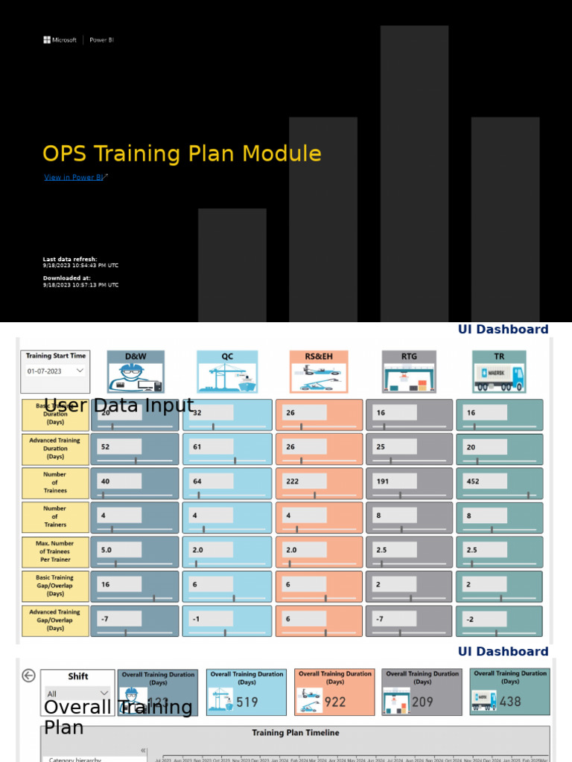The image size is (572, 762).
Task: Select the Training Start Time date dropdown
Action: click(x=55, y=371)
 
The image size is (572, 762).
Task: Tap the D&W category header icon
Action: click(x=136, y=371)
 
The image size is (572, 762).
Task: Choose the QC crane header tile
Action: click(x=227, y=371)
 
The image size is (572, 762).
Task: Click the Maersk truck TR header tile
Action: click(x=499, y=371)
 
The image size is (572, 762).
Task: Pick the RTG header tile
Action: click(x=409, y=371)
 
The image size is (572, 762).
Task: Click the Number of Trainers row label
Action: click(x=54, y=516)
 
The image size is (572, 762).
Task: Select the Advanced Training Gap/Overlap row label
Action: click(x=54, y=620)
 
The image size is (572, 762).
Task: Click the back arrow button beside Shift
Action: click(x=28, y=676)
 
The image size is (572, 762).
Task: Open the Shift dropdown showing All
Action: click(x=77, y=694)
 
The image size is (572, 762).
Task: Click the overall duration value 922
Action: click(x=335, y=701)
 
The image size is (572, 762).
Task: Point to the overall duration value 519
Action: click(x=247, y=701)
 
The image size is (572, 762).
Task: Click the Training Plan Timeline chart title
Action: click(x=295, y=732)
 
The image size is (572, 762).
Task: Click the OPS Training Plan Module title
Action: click(x=182, y=154)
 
